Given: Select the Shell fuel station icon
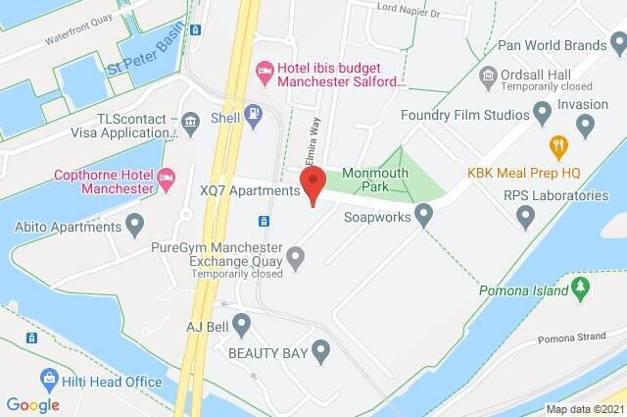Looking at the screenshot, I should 252,114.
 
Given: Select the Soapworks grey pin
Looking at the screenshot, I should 424,213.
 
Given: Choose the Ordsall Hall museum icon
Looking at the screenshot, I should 487,75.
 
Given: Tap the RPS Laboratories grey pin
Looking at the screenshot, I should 526,215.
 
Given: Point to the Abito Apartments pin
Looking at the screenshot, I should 134,226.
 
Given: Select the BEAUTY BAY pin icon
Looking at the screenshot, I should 319,351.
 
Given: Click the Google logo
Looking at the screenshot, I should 32,404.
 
